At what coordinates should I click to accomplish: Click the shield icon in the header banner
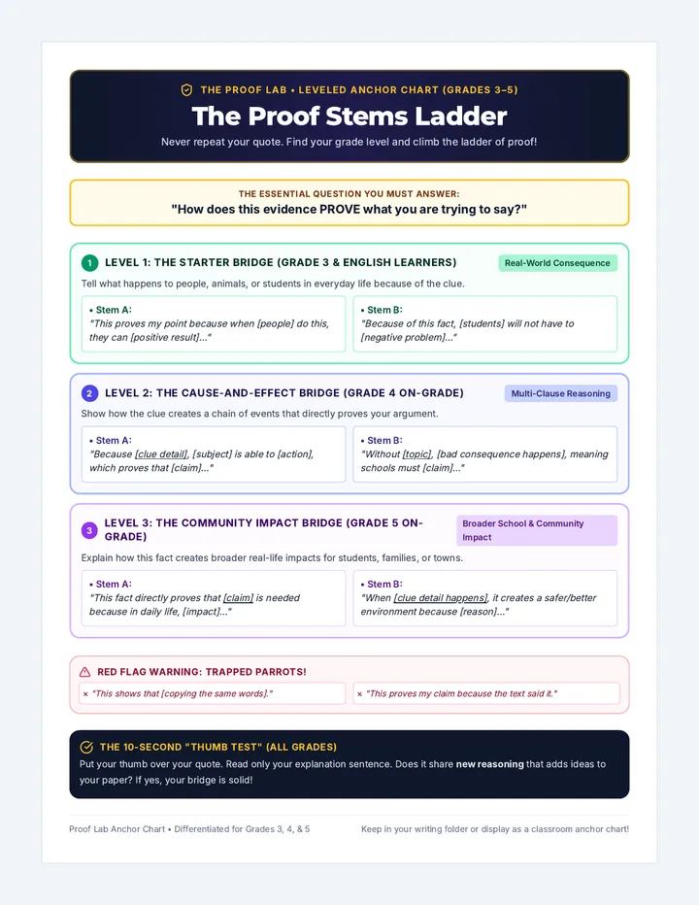click(x=186, y=90)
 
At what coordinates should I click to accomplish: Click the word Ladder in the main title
click(x=461, y=116)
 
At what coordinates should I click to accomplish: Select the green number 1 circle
click(x=89, y=263)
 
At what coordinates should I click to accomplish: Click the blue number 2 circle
click(x=89, y=393)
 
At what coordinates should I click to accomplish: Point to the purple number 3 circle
click(x=89, y=530)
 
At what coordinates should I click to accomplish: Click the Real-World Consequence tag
click(x=557, y=263)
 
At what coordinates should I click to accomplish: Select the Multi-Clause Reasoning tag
click(x=560, y=393)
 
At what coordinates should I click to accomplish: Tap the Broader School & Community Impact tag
click(x=537, y=530)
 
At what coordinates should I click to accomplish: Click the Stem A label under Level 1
click(x=111, y=310)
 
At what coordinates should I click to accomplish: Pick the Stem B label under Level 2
click(x=382, y=441)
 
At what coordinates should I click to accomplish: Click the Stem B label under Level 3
click(x=382, y=585)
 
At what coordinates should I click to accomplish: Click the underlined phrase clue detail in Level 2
click(x=161, y=454)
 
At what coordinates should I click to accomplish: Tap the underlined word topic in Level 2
click(x=416, y=454)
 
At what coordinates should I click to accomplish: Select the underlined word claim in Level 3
click(x=239, y=598)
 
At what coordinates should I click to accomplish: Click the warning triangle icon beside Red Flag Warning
click(x=84, y=672)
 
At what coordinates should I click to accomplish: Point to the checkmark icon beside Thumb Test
click(x=86, y=747)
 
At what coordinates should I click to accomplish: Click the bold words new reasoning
click(x=490, y=764)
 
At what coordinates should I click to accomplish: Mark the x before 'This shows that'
click(x=85, y=693)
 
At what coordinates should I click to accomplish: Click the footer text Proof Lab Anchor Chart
click(x=117, y=829)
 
